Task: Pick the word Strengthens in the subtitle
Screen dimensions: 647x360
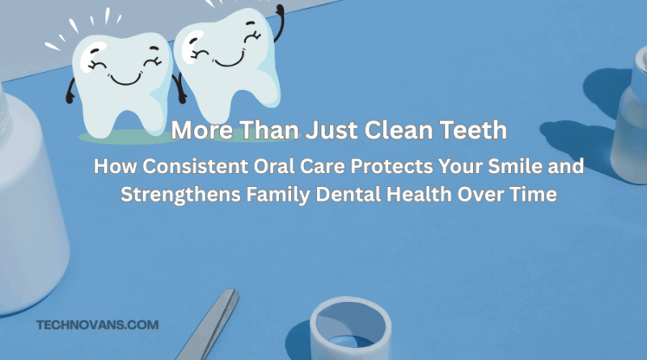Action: click(x=180, y=194)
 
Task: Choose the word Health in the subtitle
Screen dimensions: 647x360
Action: click(x=419, y=194)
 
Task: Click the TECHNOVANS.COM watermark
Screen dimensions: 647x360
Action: click(x=97, y=325)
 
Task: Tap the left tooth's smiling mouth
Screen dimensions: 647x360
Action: click(x=126, y=79)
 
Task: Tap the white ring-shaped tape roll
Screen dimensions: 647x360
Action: click(x=350, y=329)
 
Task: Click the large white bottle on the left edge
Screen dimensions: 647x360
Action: click(x=29, y=198)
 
